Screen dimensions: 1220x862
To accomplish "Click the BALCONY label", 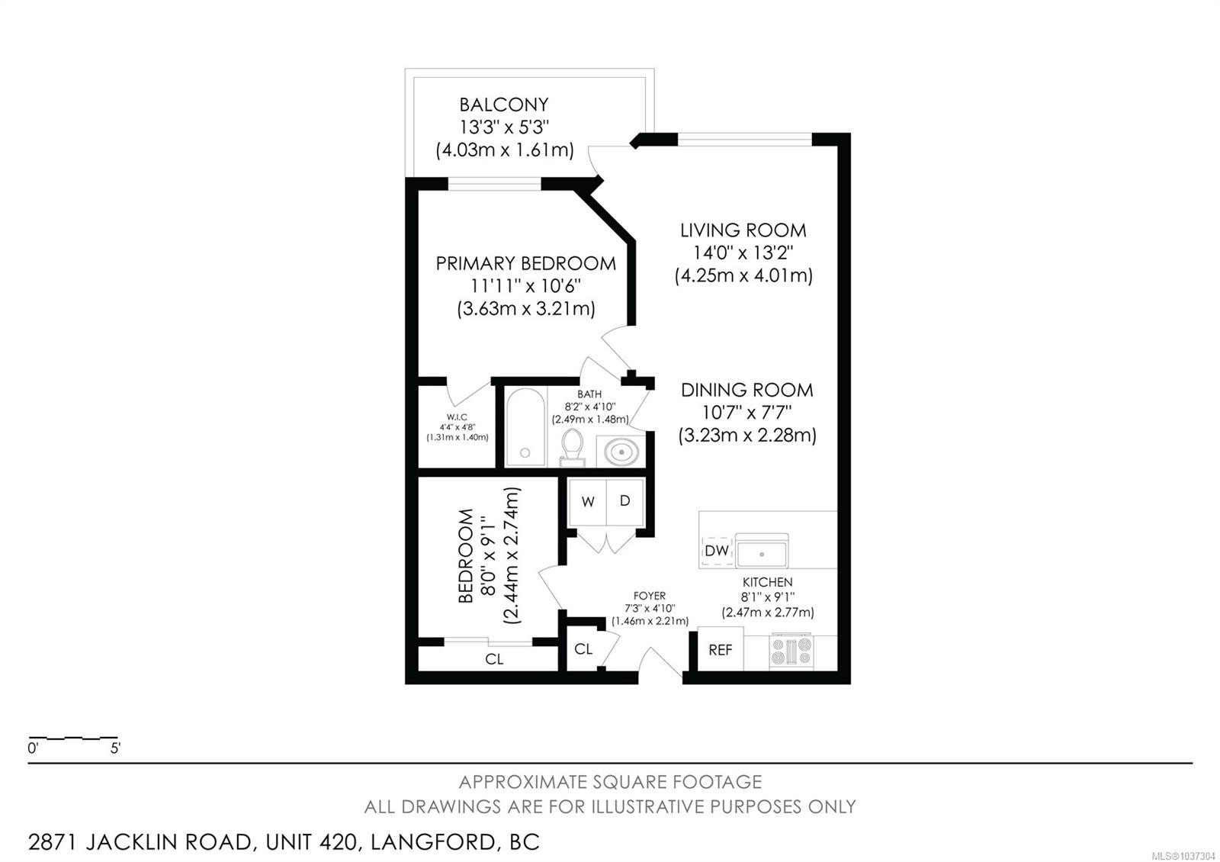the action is [504, 104].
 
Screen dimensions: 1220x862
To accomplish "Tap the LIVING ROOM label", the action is [743, 230].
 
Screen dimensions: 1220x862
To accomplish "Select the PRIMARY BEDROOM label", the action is [525, 263].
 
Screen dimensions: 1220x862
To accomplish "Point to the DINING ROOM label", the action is [746, 390].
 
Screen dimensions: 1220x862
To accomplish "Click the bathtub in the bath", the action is [525, 426].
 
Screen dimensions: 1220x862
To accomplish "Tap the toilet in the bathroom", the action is [572, 448].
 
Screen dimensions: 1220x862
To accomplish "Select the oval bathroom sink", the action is [621, 452].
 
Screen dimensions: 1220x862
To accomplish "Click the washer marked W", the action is [587, 502].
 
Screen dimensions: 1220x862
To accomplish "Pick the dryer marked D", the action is [625, 502].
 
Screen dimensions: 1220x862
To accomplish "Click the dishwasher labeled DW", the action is [716, 550].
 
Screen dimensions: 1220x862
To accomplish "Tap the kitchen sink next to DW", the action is [762, 552].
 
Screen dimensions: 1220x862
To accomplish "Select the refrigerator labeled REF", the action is [720, 649].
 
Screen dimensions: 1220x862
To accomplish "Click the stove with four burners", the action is [791, 651].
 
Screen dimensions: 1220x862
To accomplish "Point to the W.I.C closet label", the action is [457, 417].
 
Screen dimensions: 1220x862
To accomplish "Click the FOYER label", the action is [649, 596].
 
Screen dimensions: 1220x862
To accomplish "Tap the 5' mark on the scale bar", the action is [115, 748].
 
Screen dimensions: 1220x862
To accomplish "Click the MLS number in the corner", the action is [1183, 855].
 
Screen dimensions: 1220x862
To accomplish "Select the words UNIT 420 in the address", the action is [312, 842].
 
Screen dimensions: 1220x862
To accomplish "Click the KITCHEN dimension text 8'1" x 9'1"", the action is [767, 597].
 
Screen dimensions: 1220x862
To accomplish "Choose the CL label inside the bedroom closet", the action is [494, 659].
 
